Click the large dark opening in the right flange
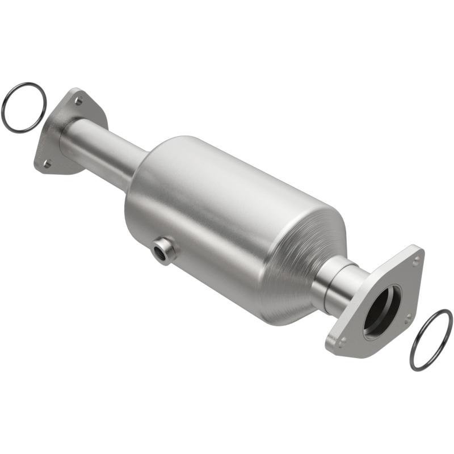click(382, 311)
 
